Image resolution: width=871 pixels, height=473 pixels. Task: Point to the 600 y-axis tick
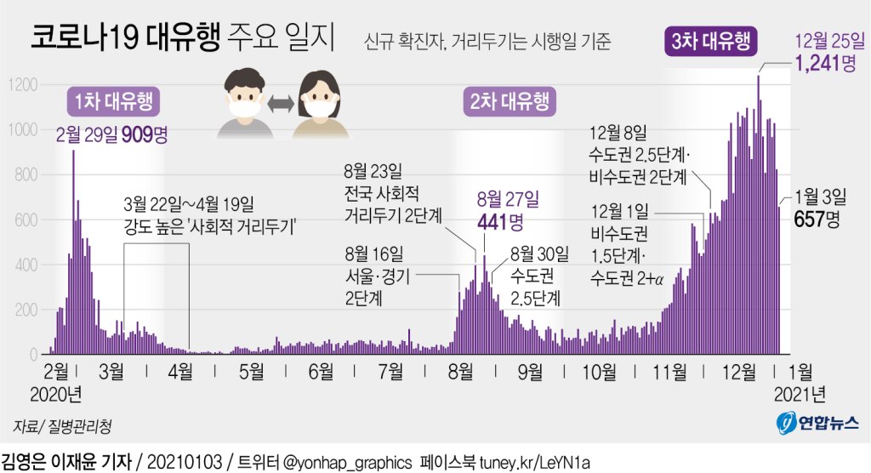tap(26, 220)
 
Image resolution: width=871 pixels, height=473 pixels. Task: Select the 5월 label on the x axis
tap(252, 372)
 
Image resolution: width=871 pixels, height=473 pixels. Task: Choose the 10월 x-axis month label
tap(600, 372)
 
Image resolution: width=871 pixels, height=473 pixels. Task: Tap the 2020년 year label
tap(56, 394)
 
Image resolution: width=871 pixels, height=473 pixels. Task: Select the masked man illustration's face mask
tap(244, 108)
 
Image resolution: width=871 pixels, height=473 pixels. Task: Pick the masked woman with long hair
tap(321, 102)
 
